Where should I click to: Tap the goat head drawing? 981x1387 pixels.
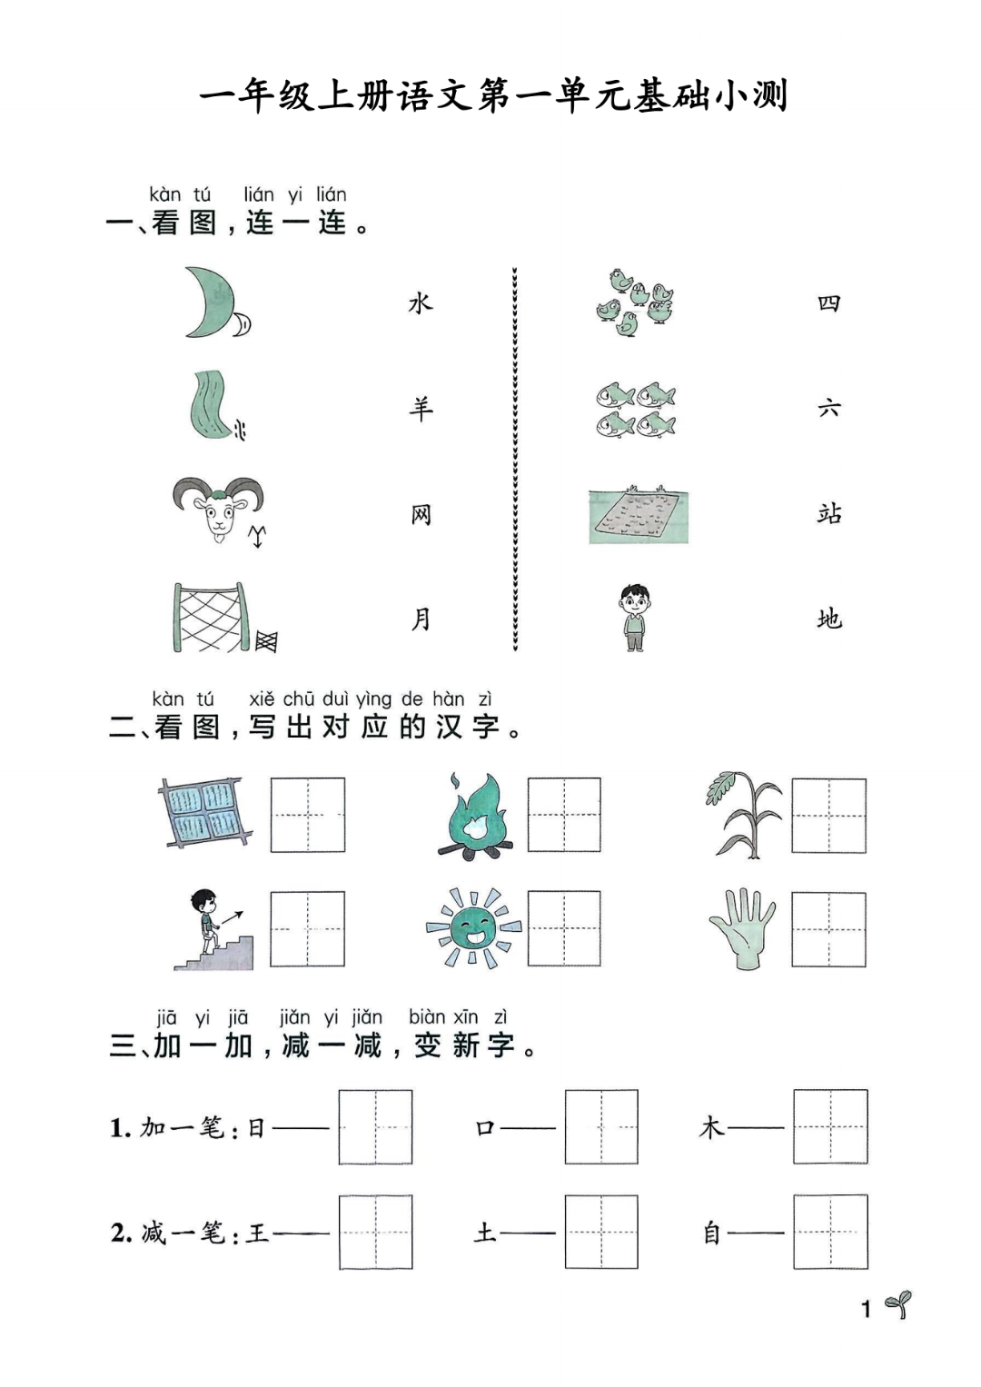218,509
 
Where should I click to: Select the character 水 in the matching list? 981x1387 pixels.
421,303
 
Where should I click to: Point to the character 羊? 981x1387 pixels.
421,409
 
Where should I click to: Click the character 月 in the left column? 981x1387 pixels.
421,619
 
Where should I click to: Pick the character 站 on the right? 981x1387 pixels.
828,514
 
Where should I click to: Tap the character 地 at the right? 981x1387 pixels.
828,619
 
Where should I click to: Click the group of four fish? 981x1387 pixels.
636,410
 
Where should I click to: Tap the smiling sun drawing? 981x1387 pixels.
473,928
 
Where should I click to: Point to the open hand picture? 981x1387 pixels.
742,928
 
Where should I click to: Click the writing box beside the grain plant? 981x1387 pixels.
828,816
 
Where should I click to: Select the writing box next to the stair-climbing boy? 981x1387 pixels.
308,928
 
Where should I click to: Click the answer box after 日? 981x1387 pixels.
375,1127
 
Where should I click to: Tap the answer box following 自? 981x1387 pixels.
830,1233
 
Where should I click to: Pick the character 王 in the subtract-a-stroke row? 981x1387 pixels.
258,1233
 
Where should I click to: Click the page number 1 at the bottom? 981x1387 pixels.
866,1309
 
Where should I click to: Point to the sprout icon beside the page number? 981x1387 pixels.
898,1304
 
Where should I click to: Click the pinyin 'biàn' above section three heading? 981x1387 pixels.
427,1017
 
